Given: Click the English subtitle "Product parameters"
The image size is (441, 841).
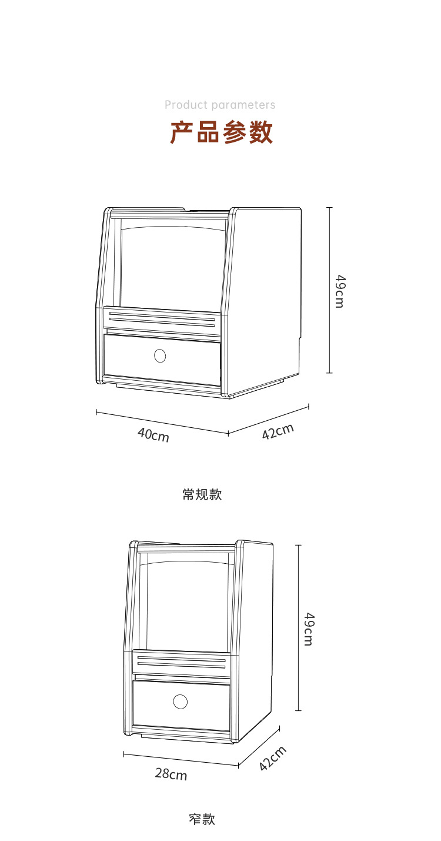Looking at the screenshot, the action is click(220, 105).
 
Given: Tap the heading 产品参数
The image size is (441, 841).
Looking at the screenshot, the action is click(221, 132).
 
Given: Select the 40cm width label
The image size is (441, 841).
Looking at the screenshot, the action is click(153, 435).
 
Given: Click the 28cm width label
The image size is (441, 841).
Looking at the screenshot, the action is click(171, 774).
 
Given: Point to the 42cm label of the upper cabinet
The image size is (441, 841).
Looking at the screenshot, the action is click(278, 431).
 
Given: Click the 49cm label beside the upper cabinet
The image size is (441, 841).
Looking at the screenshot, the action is click(339, 291).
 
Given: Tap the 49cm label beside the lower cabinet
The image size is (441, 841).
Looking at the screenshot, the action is click(309, 629).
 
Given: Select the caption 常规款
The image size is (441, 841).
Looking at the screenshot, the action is click(202, 494).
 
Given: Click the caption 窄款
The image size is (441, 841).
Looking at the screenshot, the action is click(202, 819).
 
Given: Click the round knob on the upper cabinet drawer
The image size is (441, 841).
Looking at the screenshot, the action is click(160, 355).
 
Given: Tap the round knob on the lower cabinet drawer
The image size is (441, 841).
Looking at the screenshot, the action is click(180, 702).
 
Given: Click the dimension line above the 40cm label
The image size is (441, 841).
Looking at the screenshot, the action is click(162, 422).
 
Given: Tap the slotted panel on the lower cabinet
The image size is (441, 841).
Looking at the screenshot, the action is click(181, 663).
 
